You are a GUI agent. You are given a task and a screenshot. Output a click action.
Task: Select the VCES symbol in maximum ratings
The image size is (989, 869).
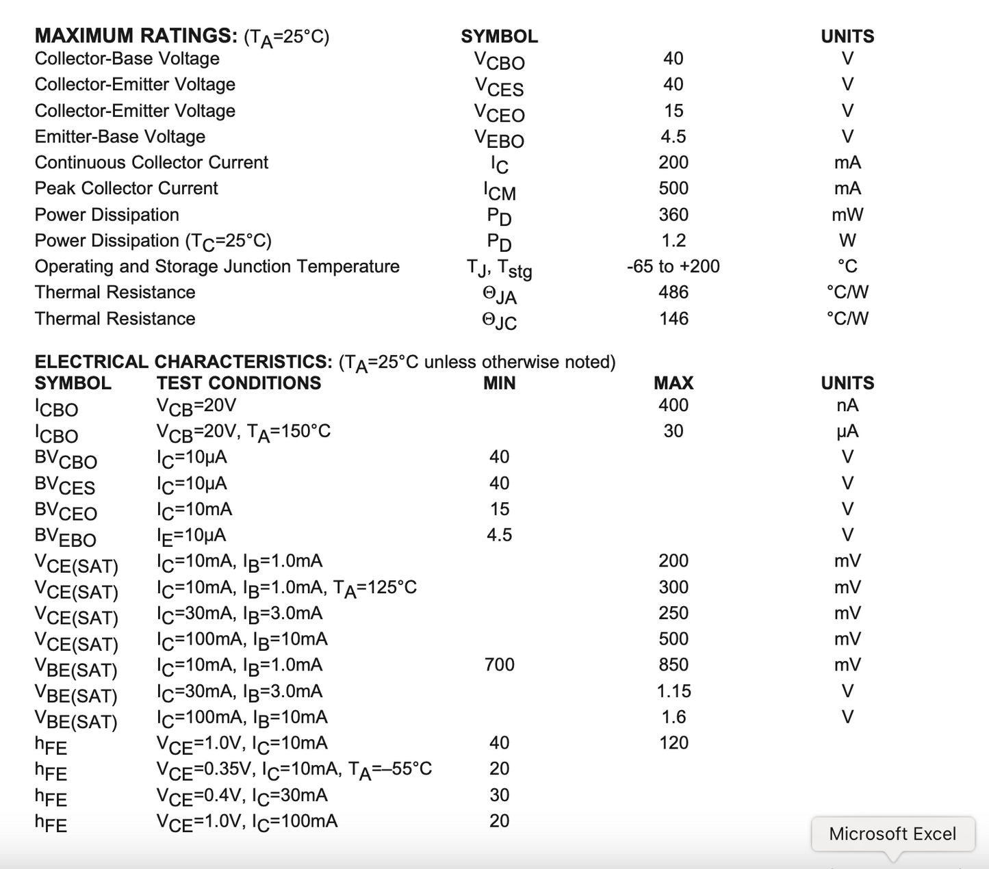click(x=499, y=86)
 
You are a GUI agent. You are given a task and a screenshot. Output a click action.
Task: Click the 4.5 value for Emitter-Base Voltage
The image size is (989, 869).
click(x=673, y=137)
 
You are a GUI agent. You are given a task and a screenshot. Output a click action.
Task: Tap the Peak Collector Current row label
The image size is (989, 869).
click(x=126, y=188)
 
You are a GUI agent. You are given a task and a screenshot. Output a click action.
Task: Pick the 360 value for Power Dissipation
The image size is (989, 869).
click(x=673, y=215)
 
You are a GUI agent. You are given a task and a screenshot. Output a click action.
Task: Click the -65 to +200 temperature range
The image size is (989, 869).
click(x=673, y=266)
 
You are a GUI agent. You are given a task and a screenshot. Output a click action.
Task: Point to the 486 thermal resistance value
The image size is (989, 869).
click(x=673, y=292)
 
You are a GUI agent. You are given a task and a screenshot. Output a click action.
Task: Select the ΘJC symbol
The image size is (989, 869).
click(x=499, y=320)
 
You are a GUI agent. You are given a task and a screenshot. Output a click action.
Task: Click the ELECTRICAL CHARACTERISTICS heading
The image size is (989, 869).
click(x=183, y=361)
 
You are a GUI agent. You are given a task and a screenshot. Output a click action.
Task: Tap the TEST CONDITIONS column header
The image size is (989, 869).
click(x=238, y=382)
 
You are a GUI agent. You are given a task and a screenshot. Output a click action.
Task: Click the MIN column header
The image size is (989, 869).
click(x=499, y=382)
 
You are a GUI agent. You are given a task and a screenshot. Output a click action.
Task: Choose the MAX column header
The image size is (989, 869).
click(x=673, y=382)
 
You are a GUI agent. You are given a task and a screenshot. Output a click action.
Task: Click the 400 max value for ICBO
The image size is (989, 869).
click(x=673, y=405)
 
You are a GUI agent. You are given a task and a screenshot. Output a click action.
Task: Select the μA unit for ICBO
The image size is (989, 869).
click(x=847, y=431)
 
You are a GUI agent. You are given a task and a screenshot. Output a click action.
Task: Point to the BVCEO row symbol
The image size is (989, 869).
click(x=66, y=511)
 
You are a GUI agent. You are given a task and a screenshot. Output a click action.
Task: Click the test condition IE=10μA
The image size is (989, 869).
click(x=191, y=536)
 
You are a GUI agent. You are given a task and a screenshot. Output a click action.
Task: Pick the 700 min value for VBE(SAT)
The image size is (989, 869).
click(x=499, y=664)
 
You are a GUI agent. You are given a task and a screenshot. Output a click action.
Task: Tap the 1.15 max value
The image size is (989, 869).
click(x=673, y=691)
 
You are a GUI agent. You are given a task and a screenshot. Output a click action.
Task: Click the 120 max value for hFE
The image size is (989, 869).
click(x=673, y=743)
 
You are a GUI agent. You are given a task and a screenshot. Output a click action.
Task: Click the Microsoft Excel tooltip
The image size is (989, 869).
click(x=892, y=833)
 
